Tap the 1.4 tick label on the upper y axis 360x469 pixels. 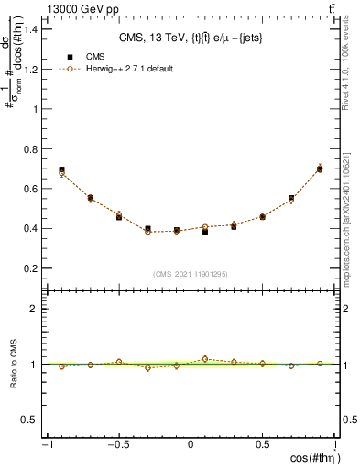pyautogui.click(x=30, y=29)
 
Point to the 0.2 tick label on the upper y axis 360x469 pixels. pyautogui.click(x=30, y=268)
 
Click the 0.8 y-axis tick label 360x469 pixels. pyautogui.click(x=30, y=149)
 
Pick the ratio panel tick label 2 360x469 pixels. pyautogui.click(x=34, y=309)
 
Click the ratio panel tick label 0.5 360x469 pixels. pyautogui.click(x=30, y=420)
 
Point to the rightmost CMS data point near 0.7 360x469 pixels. pyautogui.click(x=320, y=169)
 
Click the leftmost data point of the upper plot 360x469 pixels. pyautogui.click(x=61, y=170)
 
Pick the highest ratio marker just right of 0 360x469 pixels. pyautogui.click(x=205, y=358)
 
